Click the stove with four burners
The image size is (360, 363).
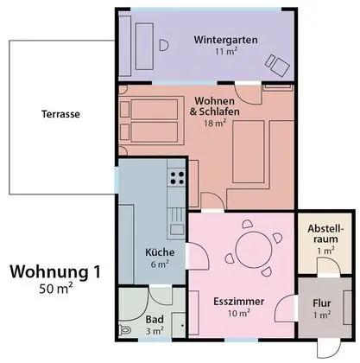point(178,180)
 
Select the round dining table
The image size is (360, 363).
point(250,246)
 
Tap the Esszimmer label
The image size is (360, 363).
point(238,301)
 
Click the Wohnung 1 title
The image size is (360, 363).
point(54,272)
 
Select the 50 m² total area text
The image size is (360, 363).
point(55,290)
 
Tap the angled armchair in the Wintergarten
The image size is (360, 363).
point(276,63)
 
